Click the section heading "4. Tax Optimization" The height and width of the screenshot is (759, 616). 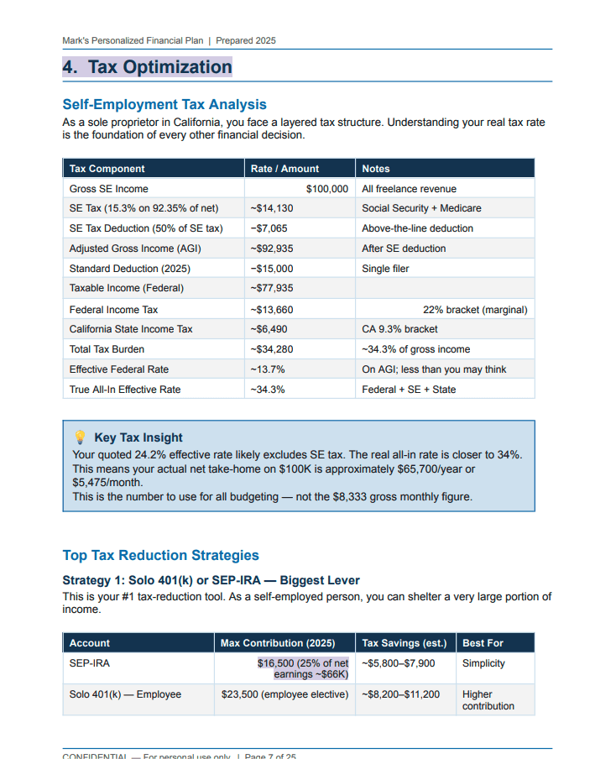tap(148, 67)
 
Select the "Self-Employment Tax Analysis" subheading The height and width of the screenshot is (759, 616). tap(164, 105)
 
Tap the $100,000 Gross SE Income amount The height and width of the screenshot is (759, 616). tap(326, 189)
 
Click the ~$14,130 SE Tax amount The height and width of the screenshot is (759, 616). tap(271, 208)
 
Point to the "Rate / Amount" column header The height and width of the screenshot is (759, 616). tap(285, 169)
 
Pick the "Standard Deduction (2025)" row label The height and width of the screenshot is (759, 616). tap(129, 269)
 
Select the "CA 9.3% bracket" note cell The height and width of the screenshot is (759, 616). tap(399, 329)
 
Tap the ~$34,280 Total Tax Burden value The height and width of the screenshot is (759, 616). tap(271, 349)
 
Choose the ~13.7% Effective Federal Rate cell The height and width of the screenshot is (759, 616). tap(267, 369)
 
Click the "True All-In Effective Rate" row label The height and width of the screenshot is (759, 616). tap(125, 390)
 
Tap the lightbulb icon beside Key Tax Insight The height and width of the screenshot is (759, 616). tap(81, 437)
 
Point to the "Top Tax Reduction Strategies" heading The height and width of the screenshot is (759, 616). tap(161, 556)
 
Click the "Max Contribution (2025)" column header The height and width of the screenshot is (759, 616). tap(277, 643)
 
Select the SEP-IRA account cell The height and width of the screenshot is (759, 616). tap(90, 663)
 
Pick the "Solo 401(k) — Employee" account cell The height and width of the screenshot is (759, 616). tap(125, 694)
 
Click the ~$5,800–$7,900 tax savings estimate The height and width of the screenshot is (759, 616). tap(399, 663)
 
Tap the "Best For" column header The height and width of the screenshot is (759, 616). tap(483, 643)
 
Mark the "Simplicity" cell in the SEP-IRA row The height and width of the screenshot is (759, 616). tap(483, 663)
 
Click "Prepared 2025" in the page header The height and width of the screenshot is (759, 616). tap(246, 40)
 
